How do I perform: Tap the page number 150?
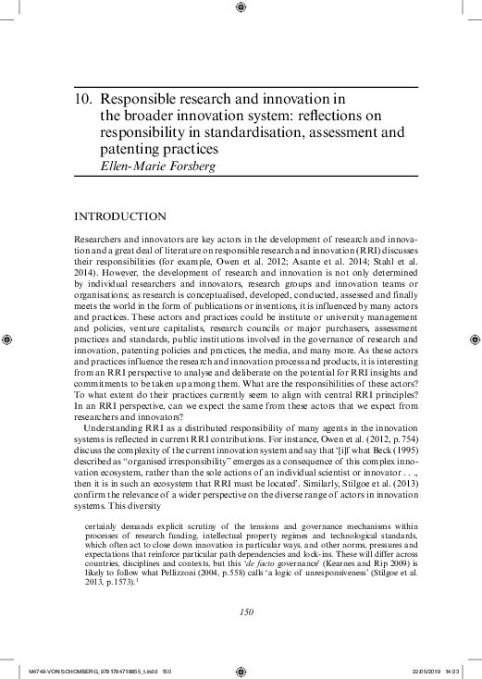(246, 586)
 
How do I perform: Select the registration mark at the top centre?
(241, 9)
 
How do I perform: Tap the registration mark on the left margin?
(9, 339)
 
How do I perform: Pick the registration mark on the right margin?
(474, 339)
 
